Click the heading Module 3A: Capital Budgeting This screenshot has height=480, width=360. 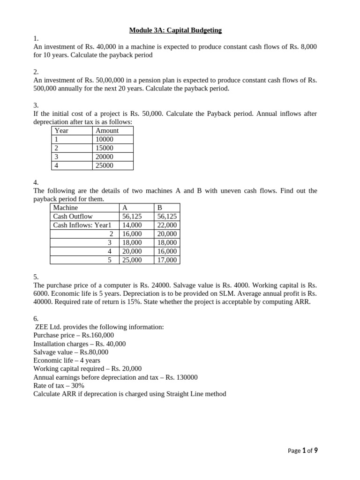coord(175,30)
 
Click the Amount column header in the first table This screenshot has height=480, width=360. coord(107,131)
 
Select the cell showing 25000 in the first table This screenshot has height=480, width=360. coord(105,165)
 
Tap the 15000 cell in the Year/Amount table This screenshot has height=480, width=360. coord(105,148)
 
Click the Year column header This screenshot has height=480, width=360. coord(61,131)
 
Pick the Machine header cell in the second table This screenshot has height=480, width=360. coord(66,208)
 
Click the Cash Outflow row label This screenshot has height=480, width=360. coord(73,217)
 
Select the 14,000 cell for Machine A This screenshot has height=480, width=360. coord(132,225)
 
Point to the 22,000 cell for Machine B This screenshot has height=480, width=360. coord(167,225)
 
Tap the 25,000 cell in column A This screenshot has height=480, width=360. coord(132,260)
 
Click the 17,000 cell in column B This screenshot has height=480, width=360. coord(167,260)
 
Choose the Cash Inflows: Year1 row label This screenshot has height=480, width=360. coord(82,225)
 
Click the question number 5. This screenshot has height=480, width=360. coord(36,277)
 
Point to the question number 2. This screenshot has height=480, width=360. coord(36,72)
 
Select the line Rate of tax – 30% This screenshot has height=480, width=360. coord(59,385)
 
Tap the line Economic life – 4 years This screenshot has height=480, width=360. coord(67,360)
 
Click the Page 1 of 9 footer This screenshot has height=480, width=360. coord(303,451)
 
